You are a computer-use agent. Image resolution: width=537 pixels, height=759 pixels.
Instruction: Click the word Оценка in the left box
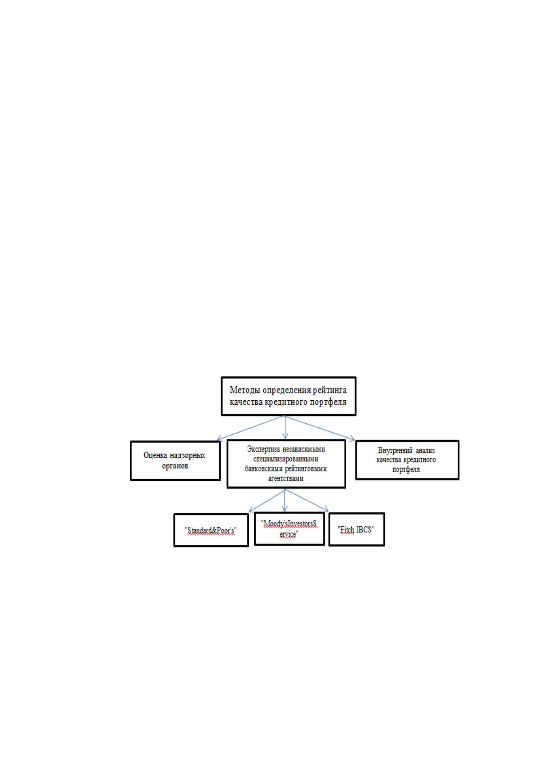coord(155,455)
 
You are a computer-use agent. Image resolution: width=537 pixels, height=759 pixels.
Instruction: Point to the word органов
coord(175,466)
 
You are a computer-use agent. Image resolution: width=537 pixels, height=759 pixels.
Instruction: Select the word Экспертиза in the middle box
coord(263,449)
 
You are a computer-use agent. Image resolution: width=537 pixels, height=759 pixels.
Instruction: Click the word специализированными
coord(286,459)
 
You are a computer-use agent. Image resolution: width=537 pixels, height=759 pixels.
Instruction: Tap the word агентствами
coord(286,479)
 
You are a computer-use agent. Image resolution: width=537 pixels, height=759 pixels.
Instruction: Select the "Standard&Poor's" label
coord(211,530)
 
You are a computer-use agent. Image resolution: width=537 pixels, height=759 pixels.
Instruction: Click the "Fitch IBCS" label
coord(356,530)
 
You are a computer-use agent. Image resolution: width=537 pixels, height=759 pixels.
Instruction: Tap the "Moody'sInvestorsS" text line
coord(289,524)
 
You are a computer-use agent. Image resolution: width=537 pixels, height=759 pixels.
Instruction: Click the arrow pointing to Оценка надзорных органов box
coord(251,428)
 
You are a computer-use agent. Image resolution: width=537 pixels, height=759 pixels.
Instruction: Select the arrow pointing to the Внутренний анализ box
coord(320,428)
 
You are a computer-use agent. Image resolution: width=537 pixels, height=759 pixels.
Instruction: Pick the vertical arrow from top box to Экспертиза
coord(285,427)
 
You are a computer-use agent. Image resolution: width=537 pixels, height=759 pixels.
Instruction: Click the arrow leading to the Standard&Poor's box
coord(267,500)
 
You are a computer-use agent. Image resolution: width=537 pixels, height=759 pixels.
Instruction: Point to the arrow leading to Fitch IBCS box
coord(307,500)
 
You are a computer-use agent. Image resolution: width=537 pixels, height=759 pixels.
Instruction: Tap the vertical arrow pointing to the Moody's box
coord(285,500)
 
